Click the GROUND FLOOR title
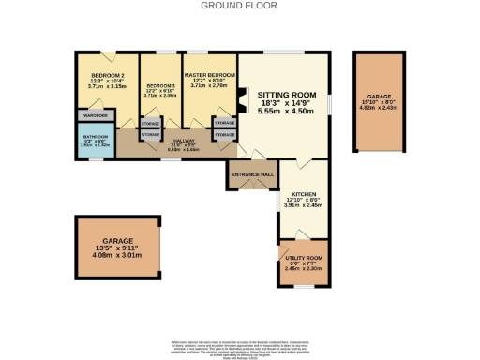[239, 5]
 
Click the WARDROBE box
[97, 115]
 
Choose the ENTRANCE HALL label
[251, 174]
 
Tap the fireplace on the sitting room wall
[242, 99]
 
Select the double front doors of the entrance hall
[251, 188]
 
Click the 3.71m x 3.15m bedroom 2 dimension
[108, 85]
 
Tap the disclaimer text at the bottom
[239, 323]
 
